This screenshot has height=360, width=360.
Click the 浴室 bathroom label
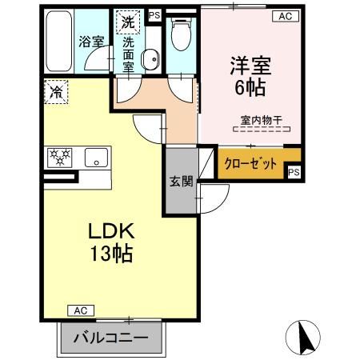click(x=91, y=42)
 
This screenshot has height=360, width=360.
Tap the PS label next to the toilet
click(x=154, y=14)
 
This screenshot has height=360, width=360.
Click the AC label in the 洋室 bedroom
click(x=284, y=15)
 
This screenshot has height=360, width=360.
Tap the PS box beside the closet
click(x=294, y=172)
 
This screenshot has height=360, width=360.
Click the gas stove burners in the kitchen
click(x=62, y=158)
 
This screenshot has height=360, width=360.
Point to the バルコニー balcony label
click(x=111, y=338)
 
